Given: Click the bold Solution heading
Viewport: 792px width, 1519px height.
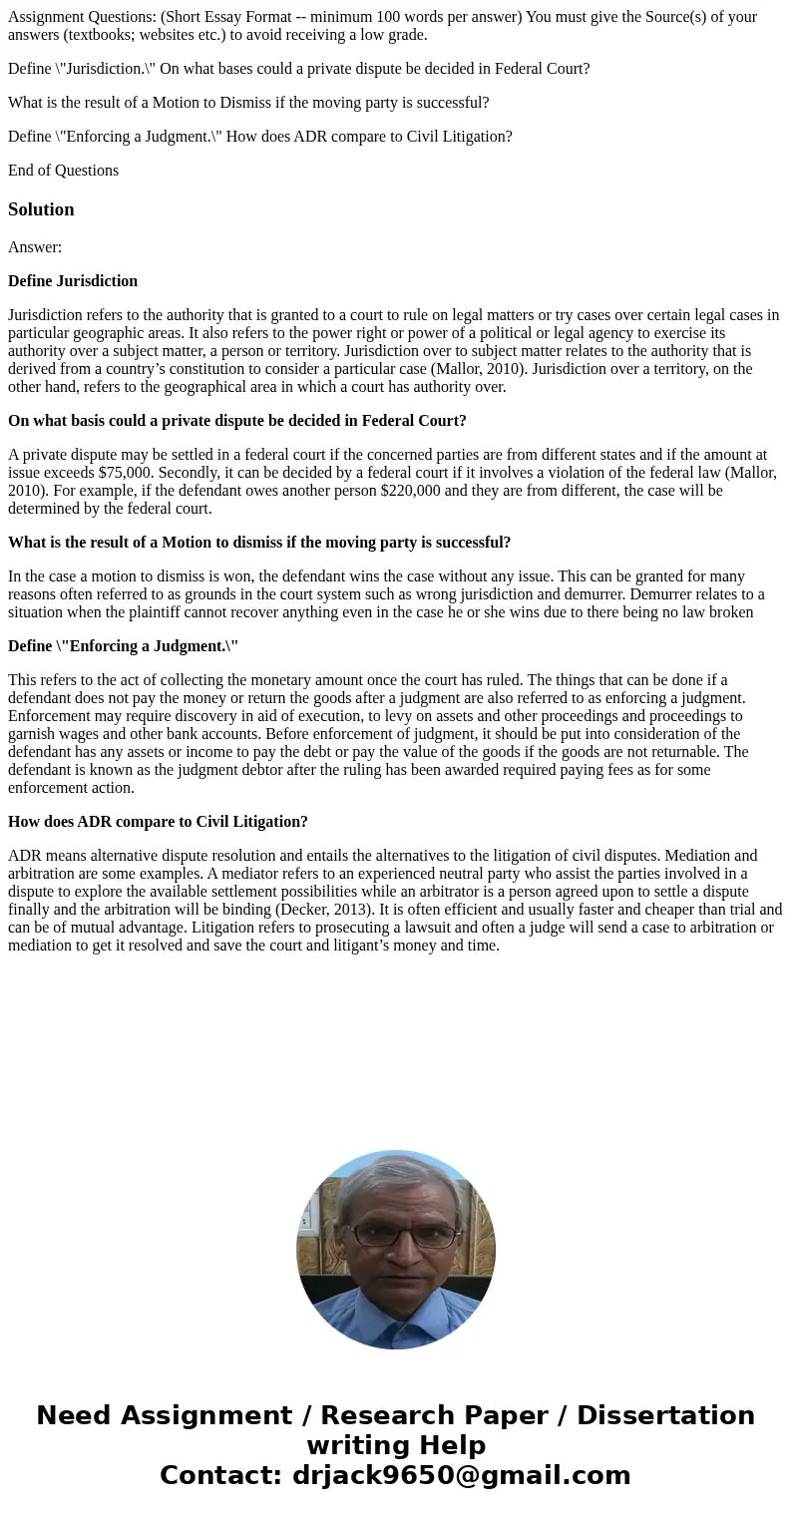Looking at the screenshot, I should click(x=41, y=209).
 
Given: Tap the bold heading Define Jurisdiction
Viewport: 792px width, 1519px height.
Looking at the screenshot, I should click(x=73, y=281).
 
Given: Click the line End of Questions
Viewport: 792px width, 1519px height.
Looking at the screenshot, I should click(x=63, y=171).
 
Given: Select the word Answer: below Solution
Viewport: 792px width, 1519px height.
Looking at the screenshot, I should click(x=35, y=247).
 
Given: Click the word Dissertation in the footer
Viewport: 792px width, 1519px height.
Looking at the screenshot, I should click(x=665, y=1415).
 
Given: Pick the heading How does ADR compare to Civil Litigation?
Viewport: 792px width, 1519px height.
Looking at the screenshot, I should click(x=158, y=822).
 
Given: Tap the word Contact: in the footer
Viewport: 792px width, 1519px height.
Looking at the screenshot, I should click(x=220, y=1475).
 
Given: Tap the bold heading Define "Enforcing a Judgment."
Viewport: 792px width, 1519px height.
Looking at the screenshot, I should click(x=123, y=646).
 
